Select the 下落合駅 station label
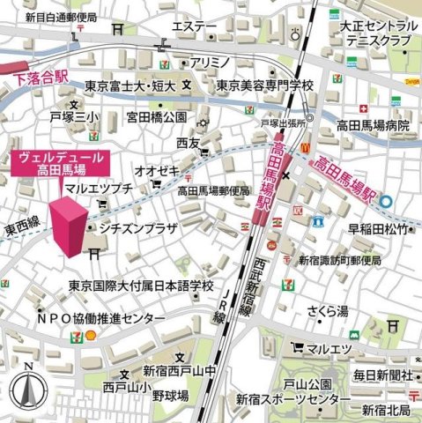click(41, 78)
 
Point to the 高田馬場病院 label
click(374, 126)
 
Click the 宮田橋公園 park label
click(156, 116)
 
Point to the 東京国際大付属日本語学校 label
click(142, 286)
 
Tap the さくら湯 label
click(328, 310)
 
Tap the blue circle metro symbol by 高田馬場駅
click(387, 201)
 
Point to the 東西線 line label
click(21, 228)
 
